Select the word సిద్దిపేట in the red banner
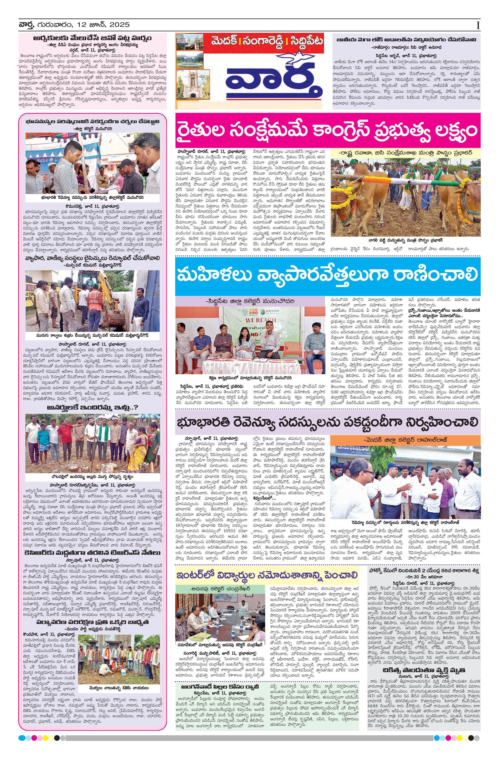click(305, 41)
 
